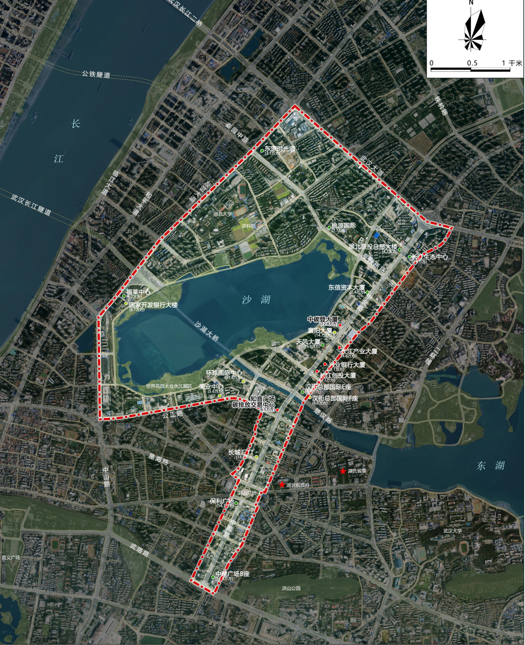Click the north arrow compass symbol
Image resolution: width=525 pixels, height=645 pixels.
472,29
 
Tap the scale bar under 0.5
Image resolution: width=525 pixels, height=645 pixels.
471,69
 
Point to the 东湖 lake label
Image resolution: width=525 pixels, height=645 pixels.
491,465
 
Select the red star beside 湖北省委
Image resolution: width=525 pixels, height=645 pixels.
343,471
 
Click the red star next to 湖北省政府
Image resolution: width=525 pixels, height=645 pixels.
282,484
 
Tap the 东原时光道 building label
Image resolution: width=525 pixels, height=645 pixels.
281,148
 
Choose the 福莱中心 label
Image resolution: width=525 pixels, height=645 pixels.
138,292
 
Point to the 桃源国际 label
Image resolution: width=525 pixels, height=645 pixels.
344,226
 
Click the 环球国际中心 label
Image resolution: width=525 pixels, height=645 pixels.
225,373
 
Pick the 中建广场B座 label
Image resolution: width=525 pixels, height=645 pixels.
232,574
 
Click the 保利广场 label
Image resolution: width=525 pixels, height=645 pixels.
222,501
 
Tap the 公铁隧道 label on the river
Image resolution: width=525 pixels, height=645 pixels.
96,75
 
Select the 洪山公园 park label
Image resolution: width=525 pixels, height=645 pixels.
291,588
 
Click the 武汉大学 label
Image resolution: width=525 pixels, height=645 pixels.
452,531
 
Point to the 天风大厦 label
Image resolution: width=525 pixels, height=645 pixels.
308,341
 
